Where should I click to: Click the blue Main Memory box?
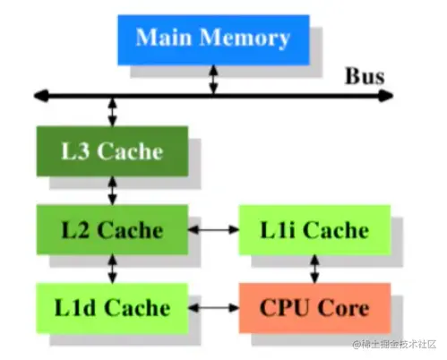point(212,39)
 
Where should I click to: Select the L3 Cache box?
point(112,150)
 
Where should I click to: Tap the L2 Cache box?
point(112,229)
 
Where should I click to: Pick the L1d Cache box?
point(112,307)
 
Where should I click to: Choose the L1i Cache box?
point(314,230)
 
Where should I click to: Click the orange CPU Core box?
point(314,307)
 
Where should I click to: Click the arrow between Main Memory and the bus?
point(213,79)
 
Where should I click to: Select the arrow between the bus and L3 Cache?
point(112,111)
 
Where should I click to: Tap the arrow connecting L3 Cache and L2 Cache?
point(112,190)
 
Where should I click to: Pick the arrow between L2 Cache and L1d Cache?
point(112,268)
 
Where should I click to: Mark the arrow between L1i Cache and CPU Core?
point(314,268)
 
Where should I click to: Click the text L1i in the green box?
point(279,230)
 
